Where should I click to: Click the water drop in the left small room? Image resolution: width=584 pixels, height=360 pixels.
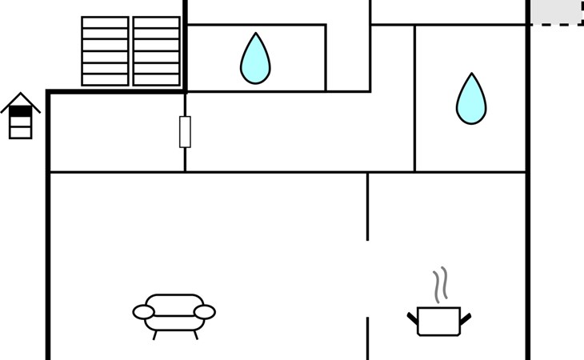tap(255, 61)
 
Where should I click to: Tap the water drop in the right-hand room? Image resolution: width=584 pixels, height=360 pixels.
tap(471, 101)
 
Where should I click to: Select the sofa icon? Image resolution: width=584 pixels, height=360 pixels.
tap(174, 313)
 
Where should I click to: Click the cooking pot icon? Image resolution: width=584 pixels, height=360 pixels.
tap(438, 321)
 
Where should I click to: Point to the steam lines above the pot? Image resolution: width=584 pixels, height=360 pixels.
tap(439, 285)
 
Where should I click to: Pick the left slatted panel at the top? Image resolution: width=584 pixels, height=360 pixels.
tap(105, 51)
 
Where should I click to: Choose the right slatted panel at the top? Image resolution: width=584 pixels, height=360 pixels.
tap(156, 51)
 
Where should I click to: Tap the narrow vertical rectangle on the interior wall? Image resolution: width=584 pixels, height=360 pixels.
tap(185, 131)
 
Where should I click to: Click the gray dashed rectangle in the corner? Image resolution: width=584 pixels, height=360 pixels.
tap(556, 12)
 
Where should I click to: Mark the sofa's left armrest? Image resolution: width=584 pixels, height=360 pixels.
tap(144, 312)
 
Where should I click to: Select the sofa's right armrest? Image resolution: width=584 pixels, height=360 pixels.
tap(205, 312)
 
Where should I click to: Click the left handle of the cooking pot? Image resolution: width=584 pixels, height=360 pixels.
tap(413, 318)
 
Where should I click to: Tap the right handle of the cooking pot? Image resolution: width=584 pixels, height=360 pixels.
tap(465, 318)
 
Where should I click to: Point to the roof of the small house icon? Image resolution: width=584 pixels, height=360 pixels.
tap(20, 101)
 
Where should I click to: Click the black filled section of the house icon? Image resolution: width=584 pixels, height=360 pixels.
tap(20, 112)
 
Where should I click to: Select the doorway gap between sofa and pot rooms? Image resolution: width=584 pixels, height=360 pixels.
tap(367, 278)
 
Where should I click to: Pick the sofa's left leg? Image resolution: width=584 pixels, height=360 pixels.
tap(155, 335)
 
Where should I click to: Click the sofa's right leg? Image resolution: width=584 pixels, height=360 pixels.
tap(195, 335)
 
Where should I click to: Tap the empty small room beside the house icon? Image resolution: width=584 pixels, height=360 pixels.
tap(117, 132)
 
